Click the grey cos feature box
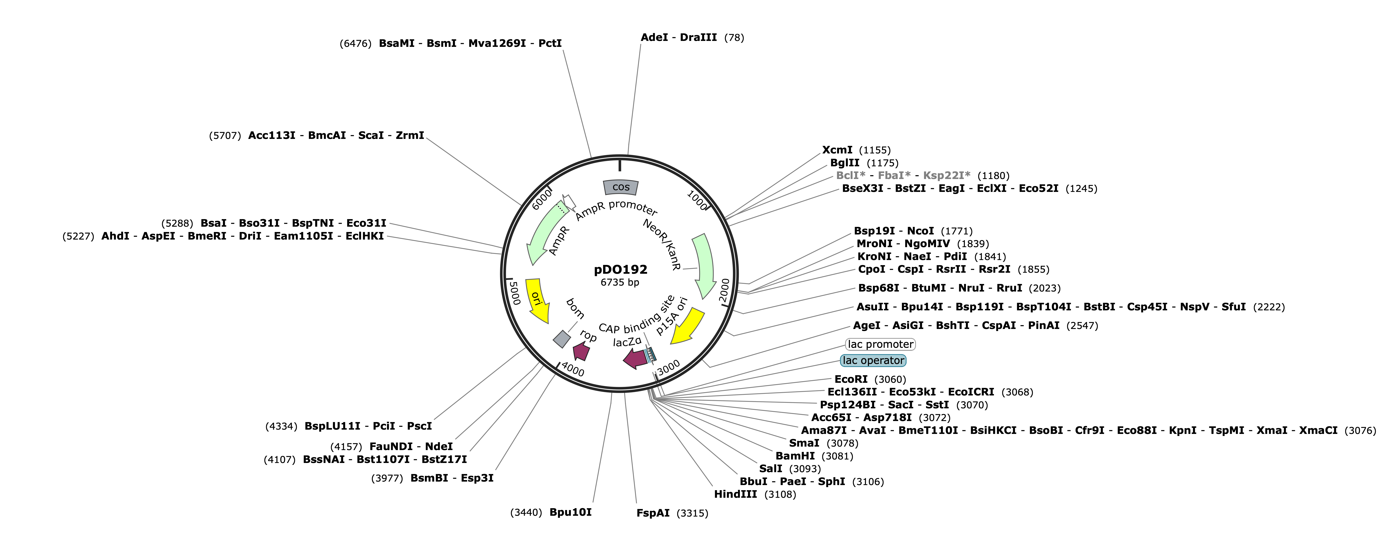tap(621, 187)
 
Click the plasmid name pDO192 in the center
tap(621, 269)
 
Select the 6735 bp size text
tap(620, 282)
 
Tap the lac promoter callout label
tap(881, 344)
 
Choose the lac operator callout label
tap(874, 360)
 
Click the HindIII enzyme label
tap(736, 494)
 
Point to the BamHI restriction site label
tap(795, 456)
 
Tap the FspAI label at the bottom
tap(653, 513)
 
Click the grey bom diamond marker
tap(562, 339)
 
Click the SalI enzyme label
tap(771, 469)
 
